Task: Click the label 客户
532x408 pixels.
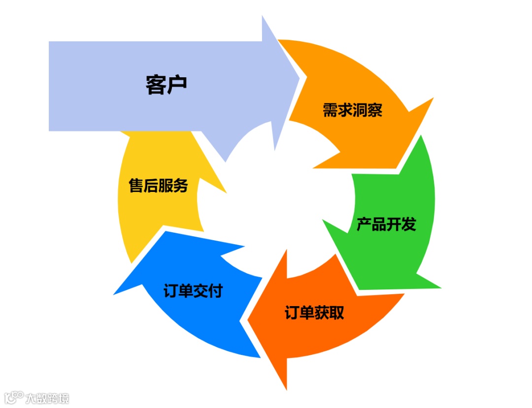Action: (166, 84)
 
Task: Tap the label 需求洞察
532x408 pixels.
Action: (352, 110)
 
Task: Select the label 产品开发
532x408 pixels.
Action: (386, 224)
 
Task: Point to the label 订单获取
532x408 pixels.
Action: (314, 313)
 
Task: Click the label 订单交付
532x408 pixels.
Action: (193, 290)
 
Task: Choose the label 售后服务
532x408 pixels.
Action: (158, 186)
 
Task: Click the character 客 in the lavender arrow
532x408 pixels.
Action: (156, 84)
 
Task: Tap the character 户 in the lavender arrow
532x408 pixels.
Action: (177, 84)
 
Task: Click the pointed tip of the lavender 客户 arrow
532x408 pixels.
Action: (299, 77)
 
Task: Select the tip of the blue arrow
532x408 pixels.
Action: (115, 294)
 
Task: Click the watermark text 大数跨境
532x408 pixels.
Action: (47, 398)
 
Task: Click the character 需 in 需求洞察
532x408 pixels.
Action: (330, 110)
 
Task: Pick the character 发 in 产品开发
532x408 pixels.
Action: (408, 224)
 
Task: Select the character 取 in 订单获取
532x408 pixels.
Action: (336, 313)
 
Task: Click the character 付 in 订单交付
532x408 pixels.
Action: (215, 290)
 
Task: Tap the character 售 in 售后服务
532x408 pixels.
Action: (136, 186)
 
